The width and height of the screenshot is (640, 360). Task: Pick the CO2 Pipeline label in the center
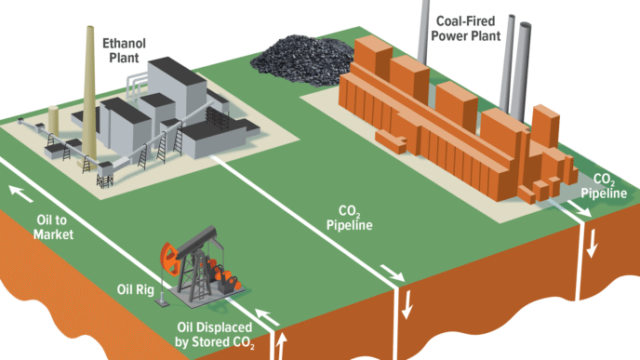349,217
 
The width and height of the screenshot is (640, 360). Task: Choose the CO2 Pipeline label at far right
604,185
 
